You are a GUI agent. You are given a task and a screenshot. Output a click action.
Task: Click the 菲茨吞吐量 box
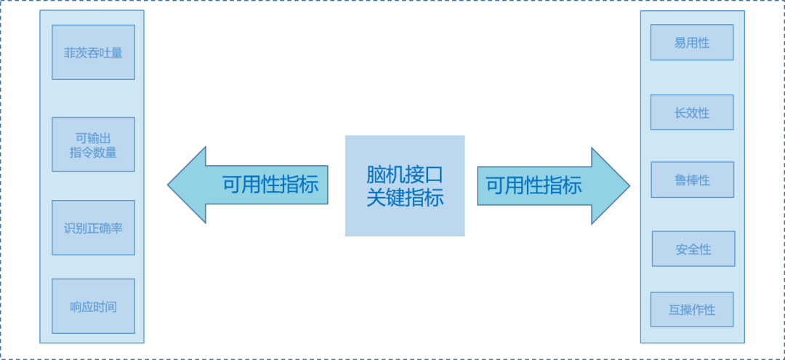tap(93, 52)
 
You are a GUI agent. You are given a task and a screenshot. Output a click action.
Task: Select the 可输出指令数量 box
tap(93, 144)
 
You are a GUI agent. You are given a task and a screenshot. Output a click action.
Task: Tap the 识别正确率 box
tap(93, 228)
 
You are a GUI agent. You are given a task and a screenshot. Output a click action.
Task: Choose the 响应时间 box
tap(93, 306)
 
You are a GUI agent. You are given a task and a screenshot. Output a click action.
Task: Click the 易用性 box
tap(692, 42)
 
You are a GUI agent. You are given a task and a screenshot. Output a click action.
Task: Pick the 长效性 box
tap(692, 112)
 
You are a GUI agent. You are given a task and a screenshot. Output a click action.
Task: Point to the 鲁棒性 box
tap(692, 180)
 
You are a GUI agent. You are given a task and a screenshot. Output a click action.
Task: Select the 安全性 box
tap(693, 249)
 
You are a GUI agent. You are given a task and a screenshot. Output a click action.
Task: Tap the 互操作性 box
tap(692, 310)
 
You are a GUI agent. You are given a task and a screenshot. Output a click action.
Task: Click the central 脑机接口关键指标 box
tap(405, 185)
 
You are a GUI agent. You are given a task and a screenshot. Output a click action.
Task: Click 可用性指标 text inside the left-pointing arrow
tap(270, 185)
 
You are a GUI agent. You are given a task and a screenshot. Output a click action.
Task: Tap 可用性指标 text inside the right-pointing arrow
tap(534, 185)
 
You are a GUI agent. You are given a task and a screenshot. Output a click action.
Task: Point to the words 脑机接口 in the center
tap(405, 175)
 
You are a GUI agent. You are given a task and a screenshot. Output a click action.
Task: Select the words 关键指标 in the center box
tap(405, 198)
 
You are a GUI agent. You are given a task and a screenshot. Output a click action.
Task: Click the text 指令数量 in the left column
tap(93, 153)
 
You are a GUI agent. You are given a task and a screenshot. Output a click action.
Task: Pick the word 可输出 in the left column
tap(93, 137)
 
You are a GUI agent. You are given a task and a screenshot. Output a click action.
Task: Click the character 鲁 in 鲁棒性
tap(680, 180)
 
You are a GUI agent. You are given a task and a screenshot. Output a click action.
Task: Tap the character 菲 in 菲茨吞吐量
tap(70, 53)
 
